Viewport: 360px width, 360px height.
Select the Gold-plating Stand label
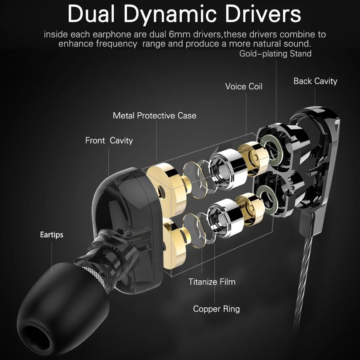pyautogui.click(x=275, y=53)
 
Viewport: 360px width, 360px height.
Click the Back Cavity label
pyautogui.click(x=315, y=81)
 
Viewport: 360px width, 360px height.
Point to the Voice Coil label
pyautogui.click(x=244, y=86)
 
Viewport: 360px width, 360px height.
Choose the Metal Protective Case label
pyautogui.click(x=154, y=115)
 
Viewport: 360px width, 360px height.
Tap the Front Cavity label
pyautogui.click(x=109, y=140)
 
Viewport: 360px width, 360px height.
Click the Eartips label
pyautogui.click(x=51, y=235)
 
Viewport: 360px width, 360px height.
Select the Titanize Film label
pyautogui.click(x=212, y=281)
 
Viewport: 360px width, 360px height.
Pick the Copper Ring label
pyautogui.click(x=216, y=309)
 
